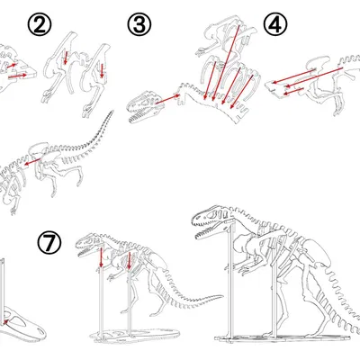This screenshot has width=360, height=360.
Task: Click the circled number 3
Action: [x=139, y=24]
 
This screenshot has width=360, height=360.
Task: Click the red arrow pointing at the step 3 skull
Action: [x=164, y=101]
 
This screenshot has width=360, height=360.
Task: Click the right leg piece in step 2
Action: [x=99, y=76]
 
